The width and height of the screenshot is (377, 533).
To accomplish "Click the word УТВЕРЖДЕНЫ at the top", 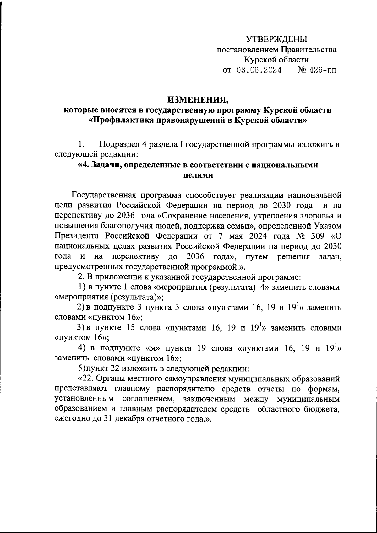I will (x=276, y=39).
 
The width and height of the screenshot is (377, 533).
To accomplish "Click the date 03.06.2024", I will (x=259, y=70).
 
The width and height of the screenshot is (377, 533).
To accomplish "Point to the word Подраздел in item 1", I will (x=119, y=144).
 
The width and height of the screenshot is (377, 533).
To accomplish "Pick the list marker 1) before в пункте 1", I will (x=81, y=287).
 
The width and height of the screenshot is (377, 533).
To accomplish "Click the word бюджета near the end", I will (x=324, y=409).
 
